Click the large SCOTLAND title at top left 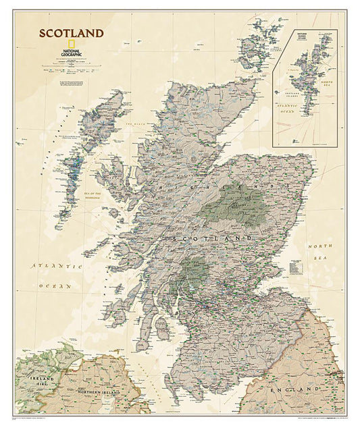[x=71, y=33]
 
